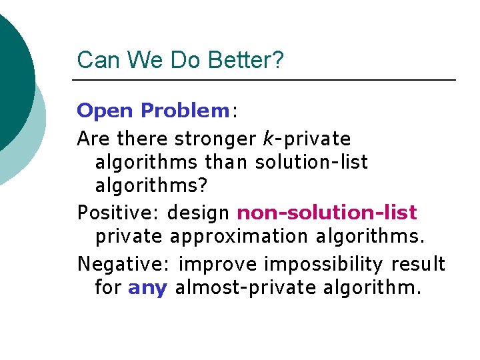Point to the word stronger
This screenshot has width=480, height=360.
pyautogui.click(x=215, y=139)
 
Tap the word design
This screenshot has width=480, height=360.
pyautogui.click(x=199, y=213)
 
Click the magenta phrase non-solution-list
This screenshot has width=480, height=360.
pyautogui.click(x=327, y=213)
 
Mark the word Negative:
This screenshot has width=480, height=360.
pyautogui.click(x=125, y=264)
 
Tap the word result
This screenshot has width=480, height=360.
pyautogui.click(x=417, y=264)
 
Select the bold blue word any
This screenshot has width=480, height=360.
pyautogui.click(x=147, y=289)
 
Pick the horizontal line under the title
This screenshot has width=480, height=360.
pyautogui.click(x=264, y=80)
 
